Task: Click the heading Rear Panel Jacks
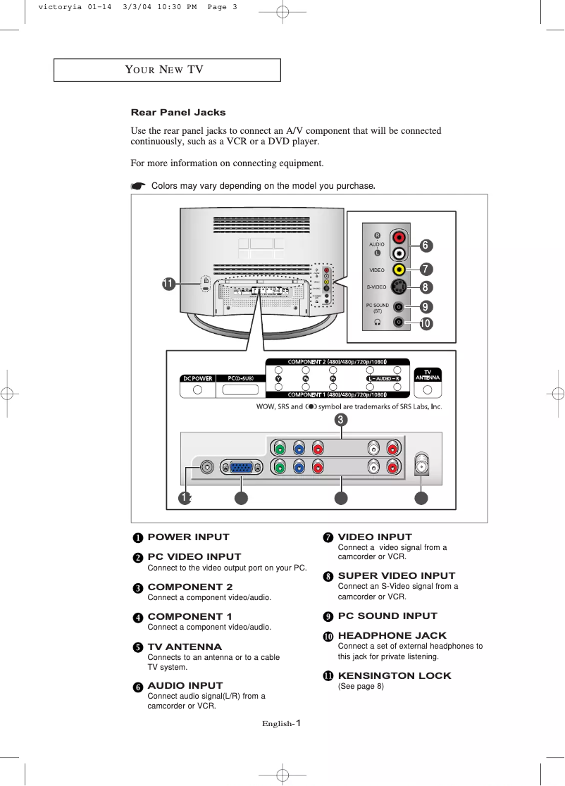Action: click(x=178, y=112)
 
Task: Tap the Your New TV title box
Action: click(x=168, y=70)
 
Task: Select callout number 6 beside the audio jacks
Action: click(x=426, y=245)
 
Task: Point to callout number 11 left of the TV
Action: click(x=168, y=284)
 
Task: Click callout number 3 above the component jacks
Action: click(x=340, y=420)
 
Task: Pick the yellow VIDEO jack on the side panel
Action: click(x=399, y=270)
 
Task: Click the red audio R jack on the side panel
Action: click(x=399, y=237)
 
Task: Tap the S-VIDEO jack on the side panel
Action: click(x=399, y=287)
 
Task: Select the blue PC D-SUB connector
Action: click(x=242, y=466)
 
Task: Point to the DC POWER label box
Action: click(x=198, y=378)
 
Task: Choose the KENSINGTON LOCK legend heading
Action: click(x=395, y=675)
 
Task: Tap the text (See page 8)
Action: click(x=361, y=687)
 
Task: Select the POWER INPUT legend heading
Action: click(x=188, y=537)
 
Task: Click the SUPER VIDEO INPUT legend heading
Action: click(x=397, y=575)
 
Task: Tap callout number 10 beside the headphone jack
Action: click(x=426, y=324)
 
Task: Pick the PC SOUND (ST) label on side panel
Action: click(x=377, y=308)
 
